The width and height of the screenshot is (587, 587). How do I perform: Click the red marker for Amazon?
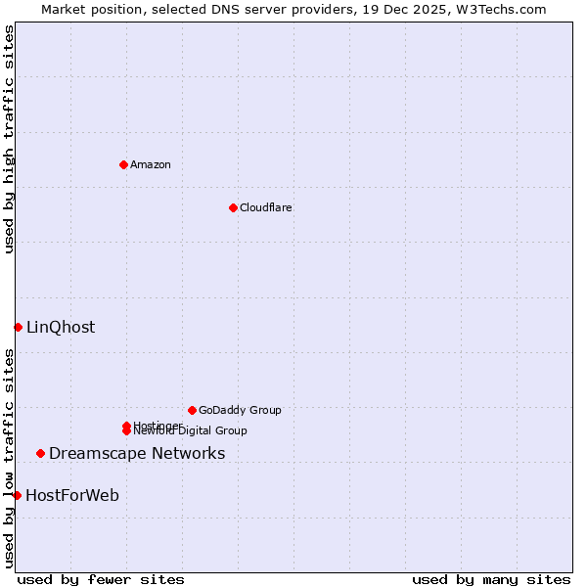[x=123, y=164]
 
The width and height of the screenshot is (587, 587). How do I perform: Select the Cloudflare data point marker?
[x=233, y=207]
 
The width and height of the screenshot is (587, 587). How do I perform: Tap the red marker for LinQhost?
[x=18, y=327]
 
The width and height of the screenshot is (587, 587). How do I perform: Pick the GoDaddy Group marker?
[x=192, y=410]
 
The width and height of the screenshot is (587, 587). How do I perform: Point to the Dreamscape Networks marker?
[x=40, y=453]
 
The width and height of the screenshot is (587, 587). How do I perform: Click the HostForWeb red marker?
[x=17, y=495]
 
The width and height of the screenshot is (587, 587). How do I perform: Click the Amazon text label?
[x=151, y=164]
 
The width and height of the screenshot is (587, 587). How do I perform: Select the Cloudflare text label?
[x=266, y=207]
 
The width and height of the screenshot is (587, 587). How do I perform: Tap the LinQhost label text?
[x=61, y=327]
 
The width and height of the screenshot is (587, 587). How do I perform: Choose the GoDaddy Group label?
[x=240, y=410]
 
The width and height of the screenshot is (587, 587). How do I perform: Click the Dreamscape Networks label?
[x=137, y=453]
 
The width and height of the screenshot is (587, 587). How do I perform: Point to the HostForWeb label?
[x=72, y=495]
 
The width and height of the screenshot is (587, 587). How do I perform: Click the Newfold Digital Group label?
[x=192, y=430]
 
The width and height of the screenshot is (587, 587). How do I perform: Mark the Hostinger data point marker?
[x=126, y=426]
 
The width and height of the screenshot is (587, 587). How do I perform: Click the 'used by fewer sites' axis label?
[x=101, y=579]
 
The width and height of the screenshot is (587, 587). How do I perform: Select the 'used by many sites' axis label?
[x=491, y=579]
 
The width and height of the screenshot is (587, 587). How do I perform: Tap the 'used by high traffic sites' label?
[x=9, y=139]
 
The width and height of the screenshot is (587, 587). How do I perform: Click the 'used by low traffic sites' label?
[x=9, y=458]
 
